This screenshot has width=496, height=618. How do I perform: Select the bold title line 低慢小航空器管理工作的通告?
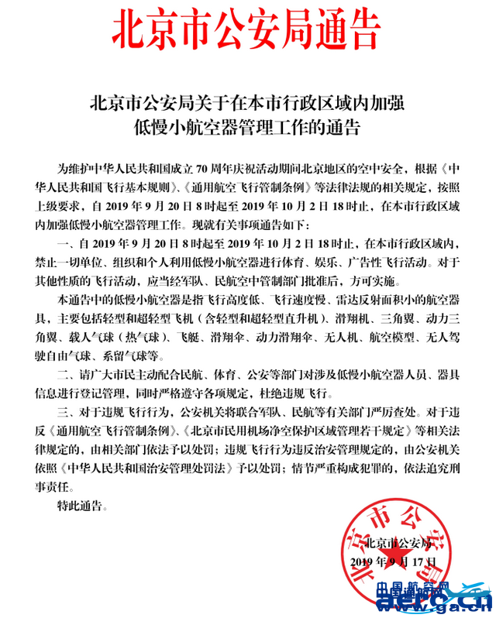pyautogui.click(x=248, y=125)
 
